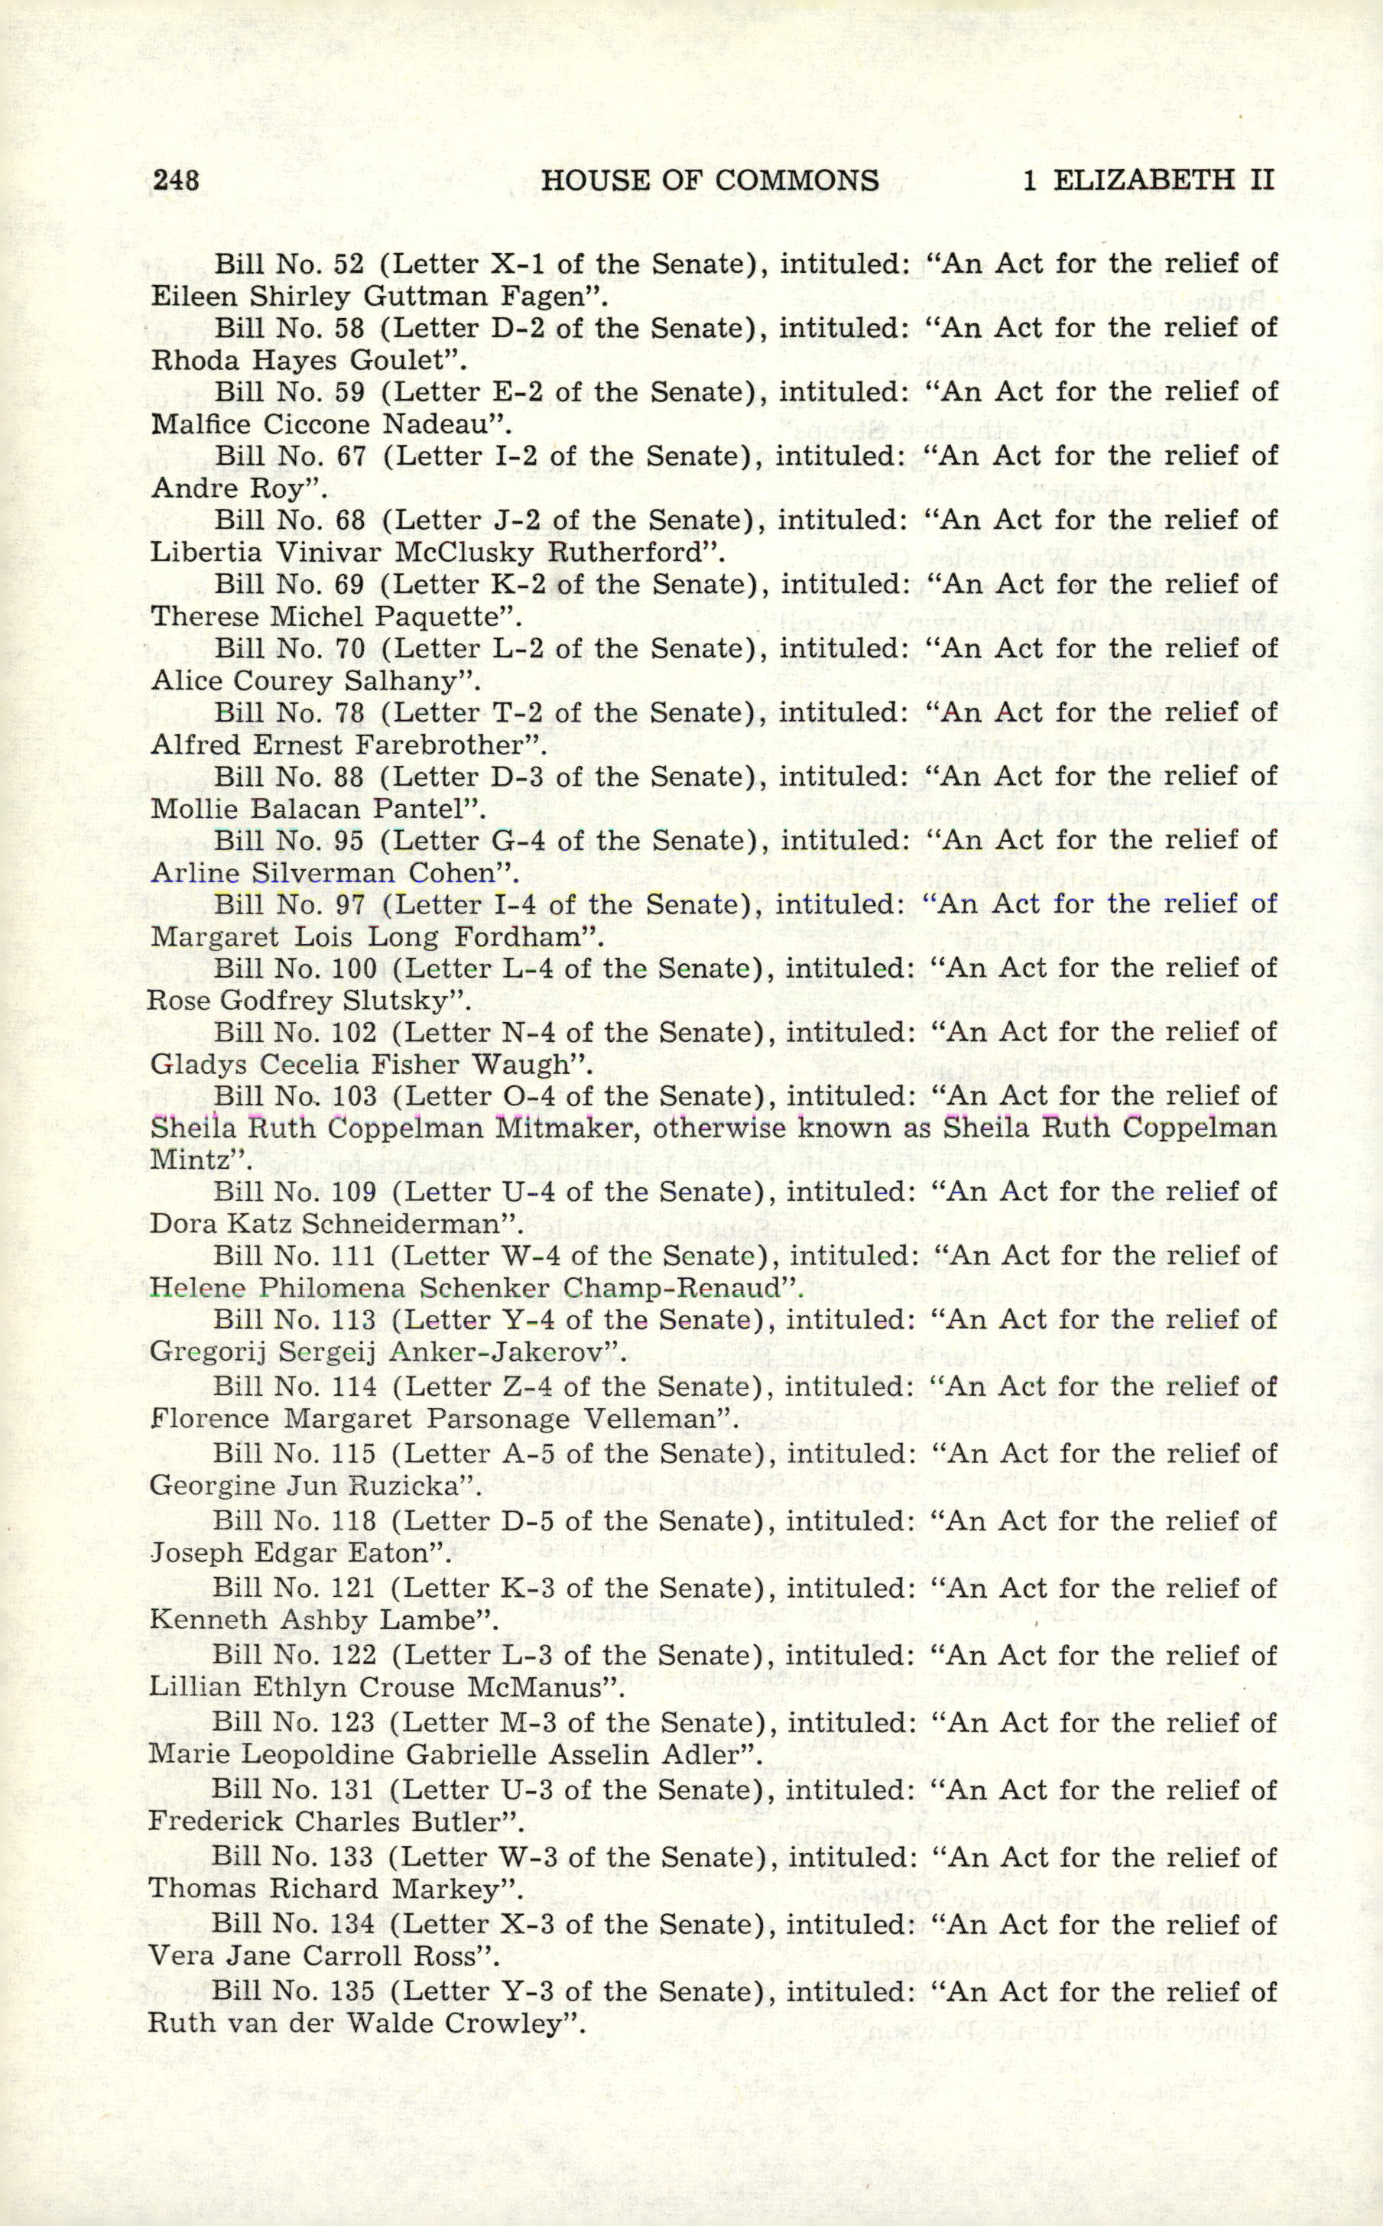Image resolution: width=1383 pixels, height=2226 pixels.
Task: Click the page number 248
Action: click(x=176, y=180)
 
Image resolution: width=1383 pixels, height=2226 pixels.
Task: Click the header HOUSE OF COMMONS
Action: click(x=709, y=180)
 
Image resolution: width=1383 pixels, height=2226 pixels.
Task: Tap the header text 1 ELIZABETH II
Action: click(x=1148, y=180)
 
